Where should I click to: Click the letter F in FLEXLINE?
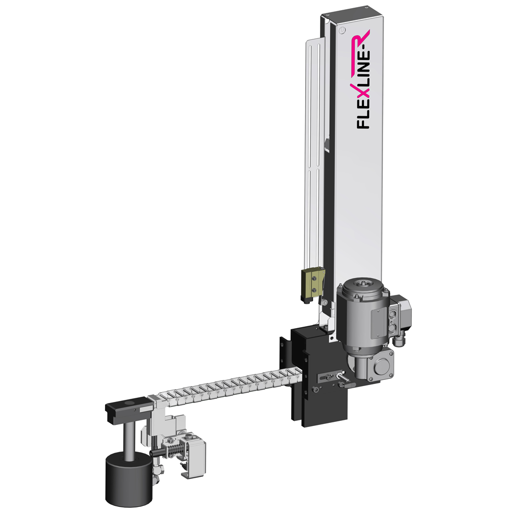pos(363,123)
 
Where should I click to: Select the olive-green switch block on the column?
pos(313,284)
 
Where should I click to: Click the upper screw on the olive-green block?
pos(314,278)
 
